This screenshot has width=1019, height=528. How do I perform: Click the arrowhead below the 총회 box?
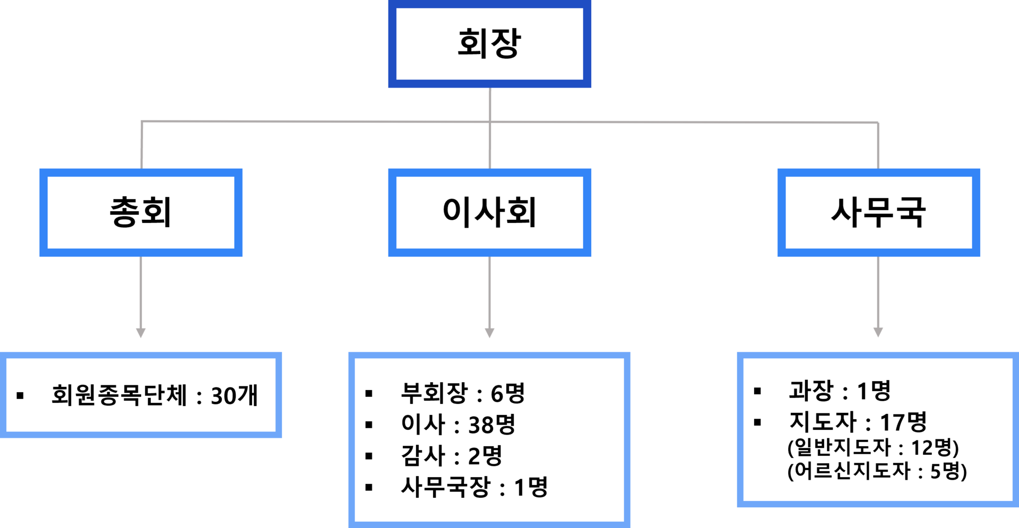141,333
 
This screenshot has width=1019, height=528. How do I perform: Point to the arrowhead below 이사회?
489,333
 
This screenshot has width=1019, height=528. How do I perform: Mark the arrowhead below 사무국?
878,332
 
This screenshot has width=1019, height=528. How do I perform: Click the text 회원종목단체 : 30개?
154,395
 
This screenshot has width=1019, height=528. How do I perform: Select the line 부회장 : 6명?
463,393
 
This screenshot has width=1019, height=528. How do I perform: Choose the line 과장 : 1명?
840,391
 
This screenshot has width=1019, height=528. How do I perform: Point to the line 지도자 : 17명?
858,422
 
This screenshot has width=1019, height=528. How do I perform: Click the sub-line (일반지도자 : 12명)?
874,447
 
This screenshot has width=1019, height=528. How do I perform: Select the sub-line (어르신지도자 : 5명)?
877,471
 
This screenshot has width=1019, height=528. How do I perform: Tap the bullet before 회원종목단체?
20,395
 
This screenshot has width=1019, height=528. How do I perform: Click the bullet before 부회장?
369,393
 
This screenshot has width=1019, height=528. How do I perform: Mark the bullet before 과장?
757,391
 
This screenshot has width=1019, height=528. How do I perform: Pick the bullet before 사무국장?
369,487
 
